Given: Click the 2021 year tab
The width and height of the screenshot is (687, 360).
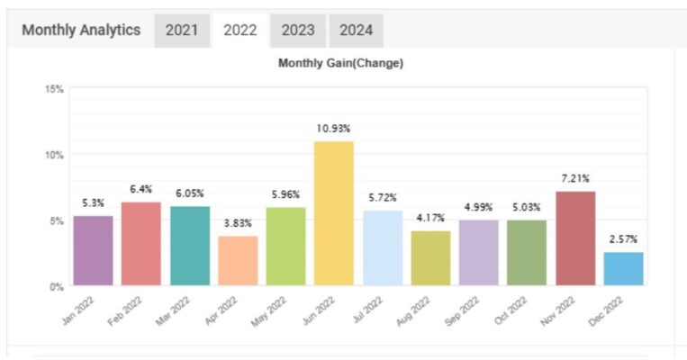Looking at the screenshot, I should click(x=182, y=30).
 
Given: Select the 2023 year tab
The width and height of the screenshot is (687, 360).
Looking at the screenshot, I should click(x=297, y=30).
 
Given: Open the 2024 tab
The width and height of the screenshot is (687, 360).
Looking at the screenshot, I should click(x=356, y=30).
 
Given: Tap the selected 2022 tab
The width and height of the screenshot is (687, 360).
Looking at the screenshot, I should click(x=240, y=30).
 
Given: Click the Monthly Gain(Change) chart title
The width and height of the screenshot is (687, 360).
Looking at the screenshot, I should click(x=340, y=63).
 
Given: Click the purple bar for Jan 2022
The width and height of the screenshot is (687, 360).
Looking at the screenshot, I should click(x=94, y=251).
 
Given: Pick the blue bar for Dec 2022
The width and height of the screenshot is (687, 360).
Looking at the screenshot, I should click(x=623, y=269).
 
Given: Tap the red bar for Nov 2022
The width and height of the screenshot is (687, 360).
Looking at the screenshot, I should click(x=575, y=238).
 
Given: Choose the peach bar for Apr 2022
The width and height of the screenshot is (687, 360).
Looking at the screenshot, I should click(x=238, y=261).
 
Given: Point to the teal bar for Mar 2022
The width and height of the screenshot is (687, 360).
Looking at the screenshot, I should click(x=190, y=246).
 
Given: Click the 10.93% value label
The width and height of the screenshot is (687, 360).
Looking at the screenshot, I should click(x=334, y=129).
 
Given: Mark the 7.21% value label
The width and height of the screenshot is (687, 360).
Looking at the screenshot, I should click(x=574, y=178).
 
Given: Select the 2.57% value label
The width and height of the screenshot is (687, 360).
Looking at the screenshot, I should click(x=623, y=239).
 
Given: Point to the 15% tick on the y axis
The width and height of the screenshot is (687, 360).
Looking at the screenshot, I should click(x=54, y=89).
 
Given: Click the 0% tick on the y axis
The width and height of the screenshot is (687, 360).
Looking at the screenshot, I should click(x=56, y=286).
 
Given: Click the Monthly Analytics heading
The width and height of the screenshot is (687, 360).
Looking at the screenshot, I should click(x=81, y=30).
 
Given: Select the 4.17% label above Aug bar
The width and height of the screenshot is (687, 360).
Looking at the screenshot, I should click(x=430, y=218).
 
